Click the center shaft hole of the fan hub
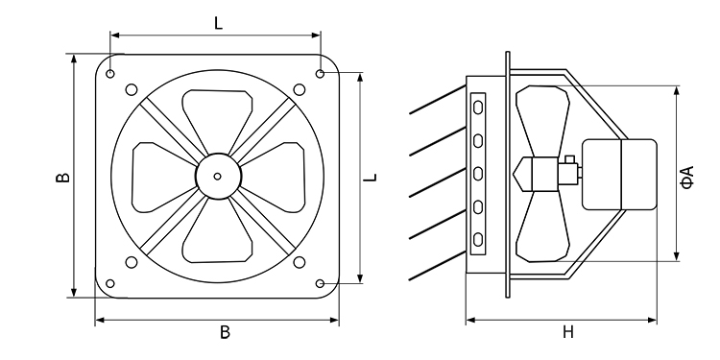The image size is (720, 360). (218, 177)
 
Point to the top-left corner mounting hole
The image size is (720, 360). (110, 74)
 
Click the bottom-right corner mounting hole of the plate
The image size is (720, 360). (320, 283)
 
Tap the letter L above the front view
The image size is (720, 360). (219, 23)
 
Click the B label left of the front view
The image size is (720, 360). (62, 178)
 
